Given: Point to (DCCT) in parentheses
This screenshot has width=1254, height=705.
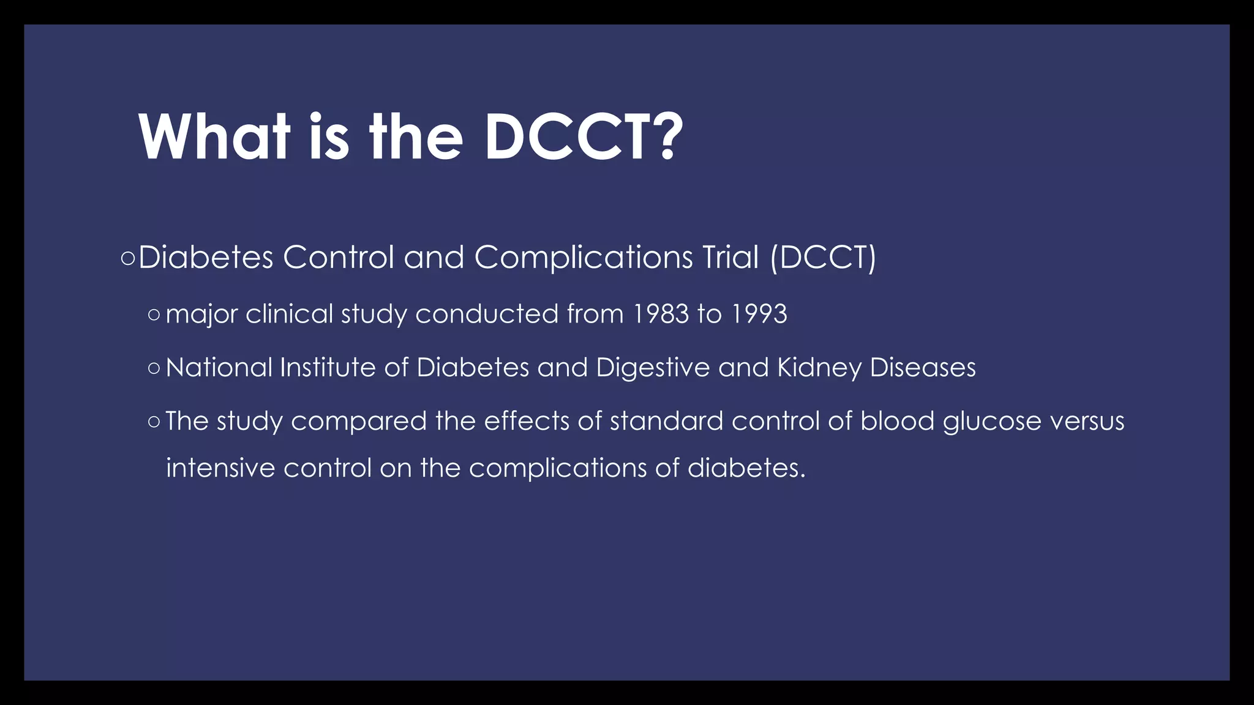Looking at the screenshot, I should pyautogui.click(x=823, y=257).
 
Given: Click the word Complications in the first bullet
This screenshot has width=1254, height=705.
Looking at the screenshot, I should pyautogui.click(x=583, y=257).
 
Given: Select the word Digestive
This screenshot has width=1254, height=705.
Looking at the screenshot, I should pyautogui.click(x=653, y=368).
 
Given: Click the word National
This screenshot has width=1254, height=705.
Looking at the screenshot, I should pyautogui.click(x=219, y=368).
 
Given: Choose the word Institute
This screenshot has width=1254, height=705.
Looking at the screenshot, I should pyautogui.click(x=328, y=368).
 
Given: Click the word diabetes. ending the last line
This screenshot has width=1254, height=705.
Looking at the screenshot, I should pyautogui.click(x=746, y=468).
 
